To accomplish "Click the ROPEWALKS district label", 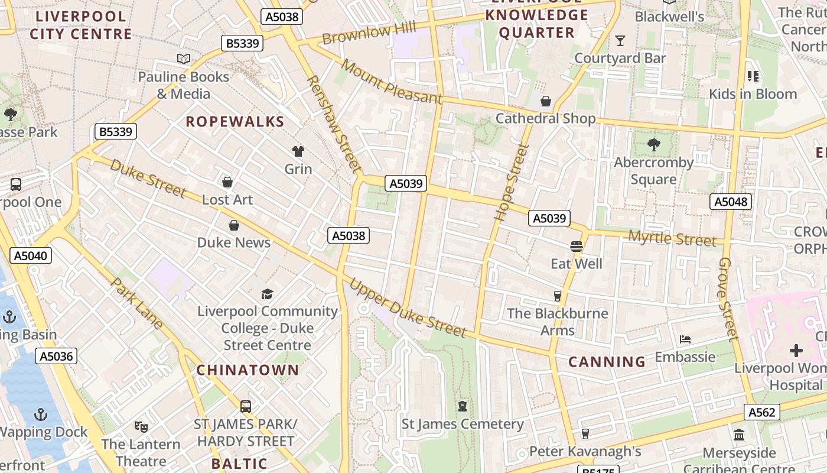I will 235,122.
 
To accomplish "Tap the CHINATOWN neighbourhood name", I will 248,370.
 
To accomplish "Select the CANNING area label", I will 607,362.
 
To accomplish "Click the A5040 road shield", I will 31,255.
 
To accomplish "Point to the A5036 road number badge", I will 57,356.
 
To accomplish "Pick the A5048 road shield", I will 731,202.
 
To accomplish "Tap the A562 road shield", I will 761,412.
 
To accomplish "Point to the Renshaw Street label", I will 333,124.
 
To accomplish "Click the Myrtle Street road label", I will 672,238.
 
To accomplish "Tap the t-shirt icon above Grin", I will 298,151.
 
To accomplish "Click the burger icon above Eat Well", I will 577,246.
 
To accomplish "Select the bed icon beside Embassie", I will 685,339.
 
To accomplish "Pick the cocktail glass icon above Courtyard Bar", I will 620,41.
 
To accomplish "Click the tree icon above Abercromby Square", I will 653,144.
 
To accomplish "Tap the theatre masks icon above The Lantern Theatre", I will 141,426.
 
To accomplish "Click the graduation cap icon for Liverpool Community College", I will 268,294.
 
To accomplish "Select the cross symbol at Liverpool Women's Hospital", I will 796,351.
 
